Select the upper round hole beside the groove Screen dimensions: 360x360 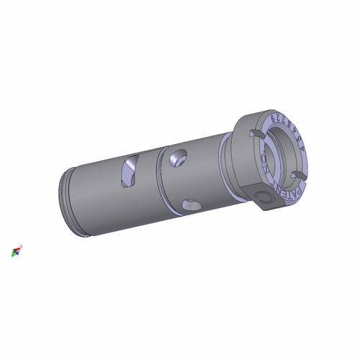177,157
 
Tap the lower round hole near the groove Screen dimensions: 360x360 191,205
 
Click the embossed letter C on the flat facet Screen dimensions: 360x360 264,197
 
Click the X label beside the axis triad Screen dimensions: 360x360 22,246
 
